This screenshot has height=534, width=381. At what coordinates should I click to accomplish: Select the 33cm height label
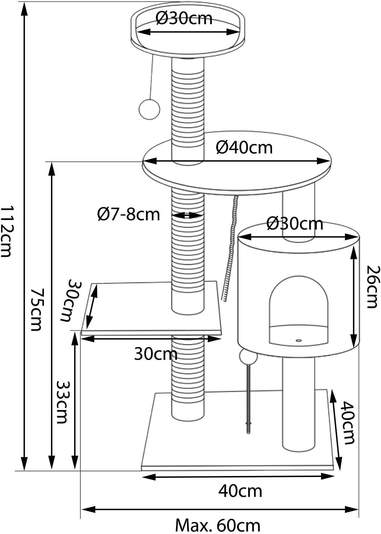click(62, 402)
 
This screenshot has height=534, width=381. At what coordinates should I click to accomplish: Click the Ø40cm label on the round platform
click(244, 148)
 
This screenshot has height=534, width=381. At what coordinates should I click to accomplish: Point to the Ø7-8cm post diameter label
click(128, 214)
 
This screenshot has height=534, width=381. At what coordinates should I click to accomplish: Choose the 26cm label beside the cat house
click(372, 287)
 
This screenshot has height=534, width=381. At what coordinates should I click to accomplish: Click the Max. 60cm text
click(218, 525)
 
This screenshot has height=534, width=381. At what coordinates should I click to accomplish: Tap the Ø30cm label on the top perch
click(184, 18)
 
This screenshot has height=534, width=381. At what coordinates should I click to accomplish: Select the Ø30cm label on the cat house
click(295, 224)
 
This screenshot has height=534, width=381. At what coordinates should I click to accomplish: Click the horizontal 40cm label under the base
click(240, 491)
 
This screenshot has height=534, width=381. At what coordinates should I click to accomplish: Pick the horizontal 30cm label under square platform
click(156, 354)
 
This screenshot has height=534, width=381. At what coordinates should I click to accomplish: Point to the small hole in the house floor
click(299, 340)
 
